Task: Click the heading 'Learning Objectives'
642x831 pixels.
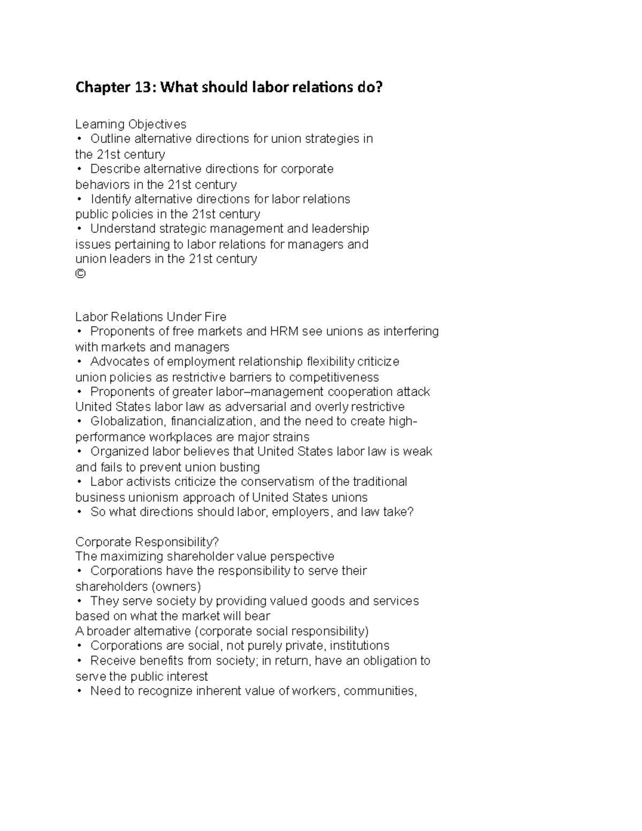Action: [x=131, y=124]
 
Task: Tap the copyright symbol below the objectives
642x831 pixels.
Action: [x=80, y=274]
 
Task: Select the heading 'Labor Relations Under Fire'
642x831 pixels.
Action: [x=151, y=317]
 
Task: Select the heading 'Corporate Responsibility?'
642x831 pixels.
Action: [x=147, y=542]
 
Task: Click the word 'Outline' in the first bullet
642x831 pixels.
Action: [x=110, y=139]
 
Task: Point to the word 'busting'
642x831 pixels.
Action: [x=240, y=467]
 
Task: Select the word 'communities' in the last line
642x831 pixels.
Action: [x=379, y=691]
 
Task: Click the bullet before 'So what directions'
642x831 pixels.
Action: [x=80, y=512]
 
